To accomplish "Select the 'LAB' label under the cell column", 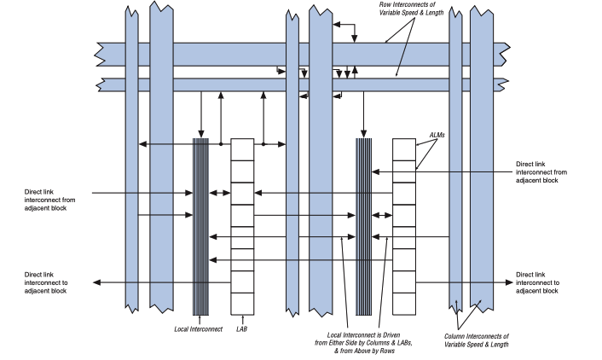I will pos(242,327).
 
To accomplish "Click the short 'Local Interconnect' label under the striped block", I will pos(199,327).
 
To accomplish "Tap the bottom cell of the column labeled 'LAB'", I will pos(242,303).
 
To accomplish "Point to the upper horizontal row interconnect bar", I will pos(213,52).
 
